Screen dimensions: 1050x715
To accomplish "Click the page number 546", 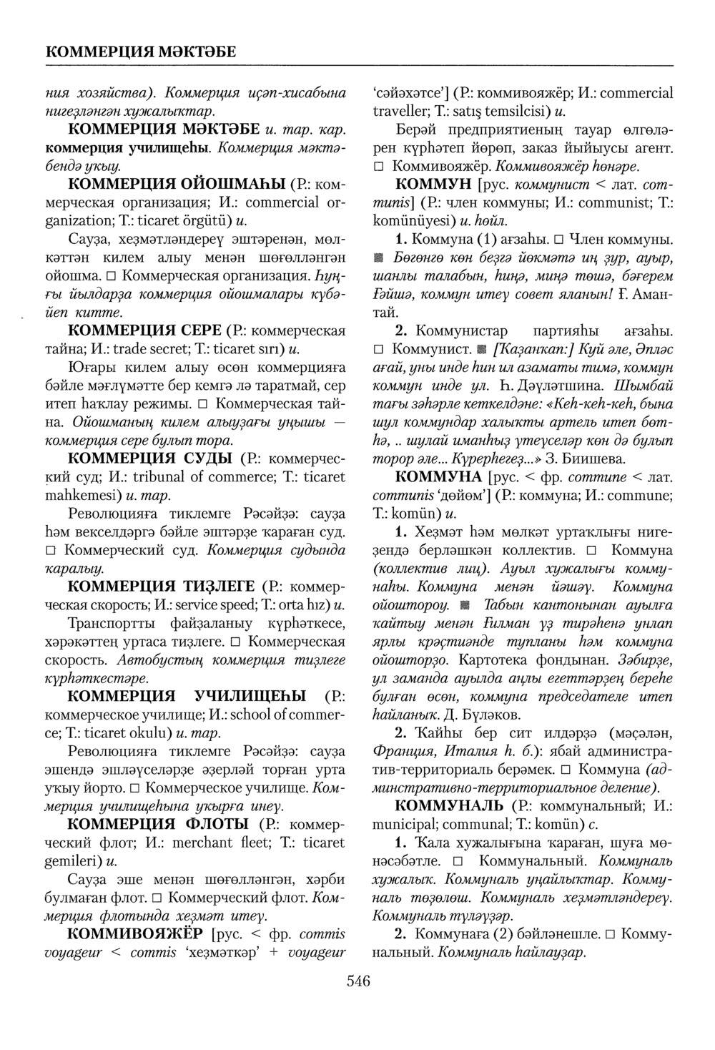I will click(x=357, y=981).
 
